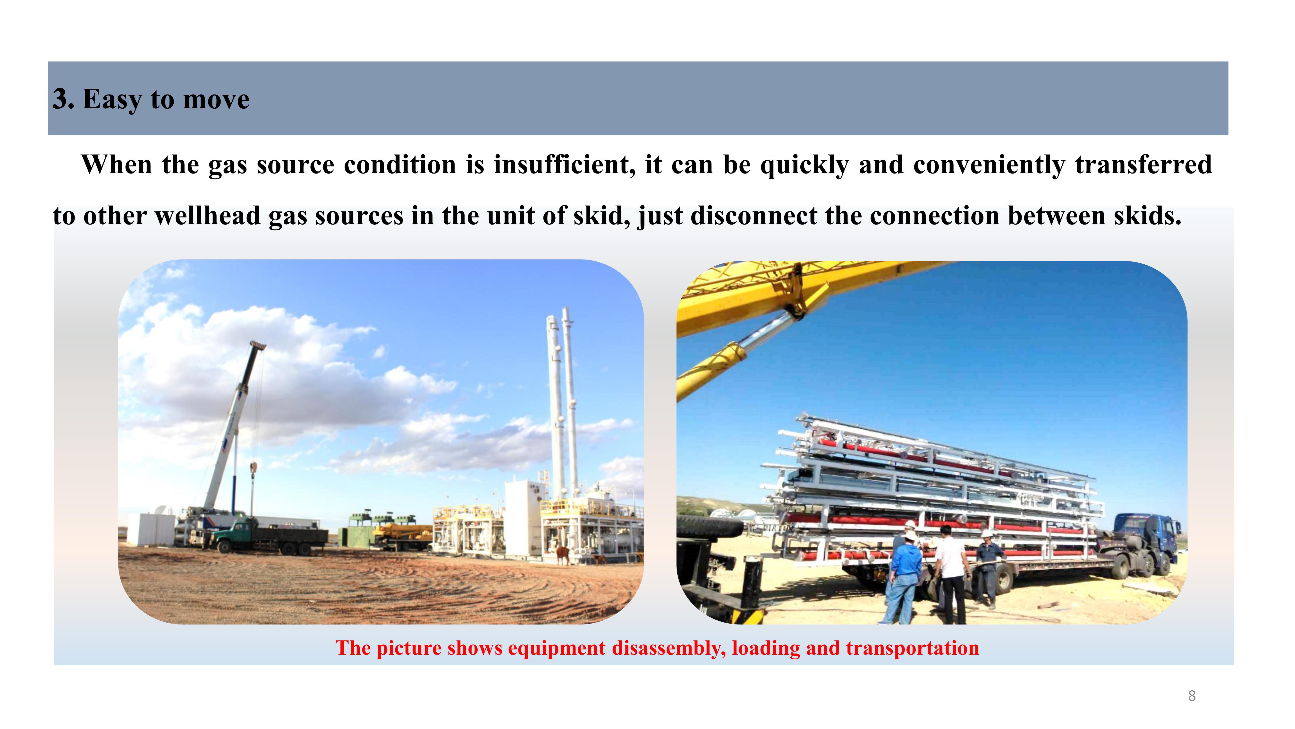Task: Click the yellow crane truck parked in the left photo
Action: click(402, 535)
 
